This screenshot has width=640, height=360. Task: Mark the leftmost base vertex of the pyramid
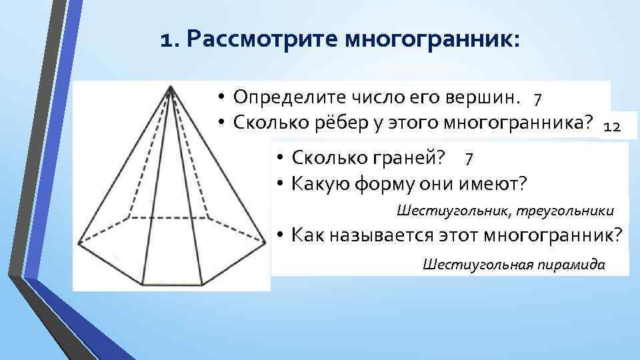[x=78, y=245]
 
